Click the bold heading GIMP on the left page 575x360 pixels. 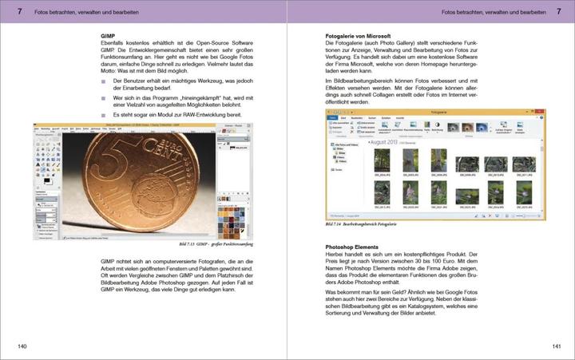click(109, 37)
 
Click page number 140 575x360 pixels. click(22, 346)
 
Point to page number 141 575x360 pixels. click(554, 346)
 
